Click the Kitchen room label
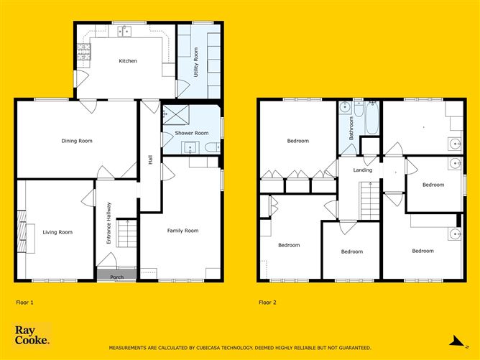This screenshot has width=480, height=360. pyautogui.click(x=128, y=61)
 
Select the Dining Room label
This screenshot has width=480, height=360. pyautogui.click(x=77, y=141)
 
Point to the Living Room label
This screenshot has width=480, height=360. pyautogui.click(x=57, y=232)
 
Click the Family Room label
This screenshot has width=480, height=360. pyautogui.click(x=183, y=231)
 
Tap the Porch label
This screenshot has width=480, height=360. pyautogui.click(x=117, y=277)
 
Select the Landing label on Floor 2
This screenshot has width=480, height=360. pyautogui.click(x=363, y=170)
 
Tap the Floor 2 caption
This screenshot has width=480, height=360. pyautogui.click(x=267, y=303)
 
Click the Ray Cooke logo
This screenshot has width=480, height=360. pyautogui.click(x=32, y=335)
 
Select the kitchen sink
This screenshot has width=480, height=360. pyautogui.click(x=126, y=31)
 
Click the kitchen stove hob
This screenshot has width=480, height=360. pyautogui.click(x=84, y=51)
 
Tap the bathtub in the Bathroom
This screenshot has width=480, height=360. pyautogui.click(x=371, y=119)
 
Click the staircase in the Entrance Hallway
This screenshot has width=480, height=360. pyautogui.click(x=126, y=234)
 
